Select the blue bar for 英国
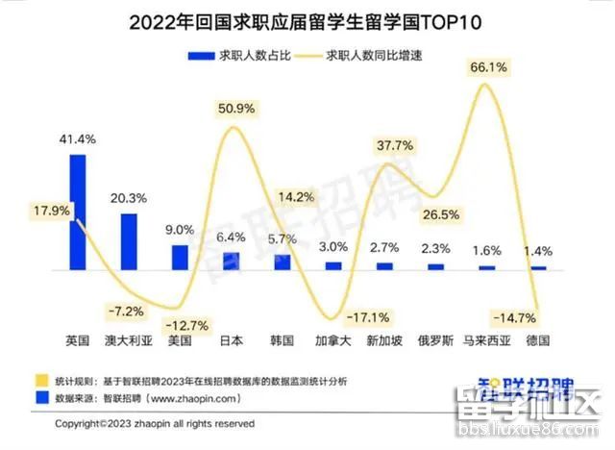(x=77, y=212)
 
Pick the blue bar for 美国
(x=180, y=257)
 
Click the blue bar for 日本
(x=231, y=261)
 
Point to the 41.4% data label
(x=78, y=139)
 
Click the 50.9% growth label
(x=235, y=107)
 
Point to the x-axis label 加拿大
(x=333, y=341)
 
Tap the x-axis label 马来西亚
(x=486, y=341)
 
